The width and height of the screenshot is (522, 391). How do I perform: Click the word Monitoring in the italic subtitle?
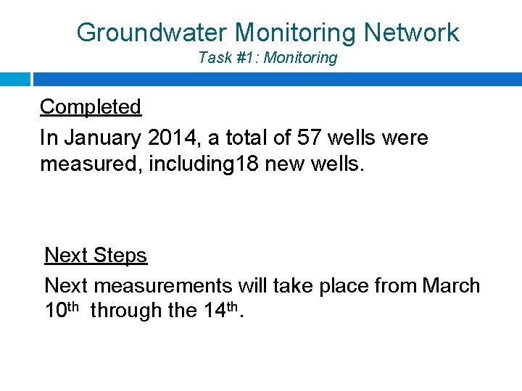pyautogui.click(x=301, y=58)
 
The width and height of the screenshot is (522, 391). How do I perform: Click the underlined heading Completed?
pyautogui.click(x=91, y=107)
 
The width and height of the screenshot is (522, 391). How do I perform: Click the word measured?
pyautogui.click(x=91, y=164)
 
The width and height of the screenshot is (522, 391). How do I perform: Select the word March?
pyautogui.click(x=451, y=286)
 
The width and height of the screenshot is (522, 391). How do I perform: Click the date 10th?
pyautogui.click(x=62, y=310)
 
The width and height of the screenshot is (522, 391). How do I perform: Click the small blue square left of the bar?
pyautogui.click(x=14, y=79)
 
